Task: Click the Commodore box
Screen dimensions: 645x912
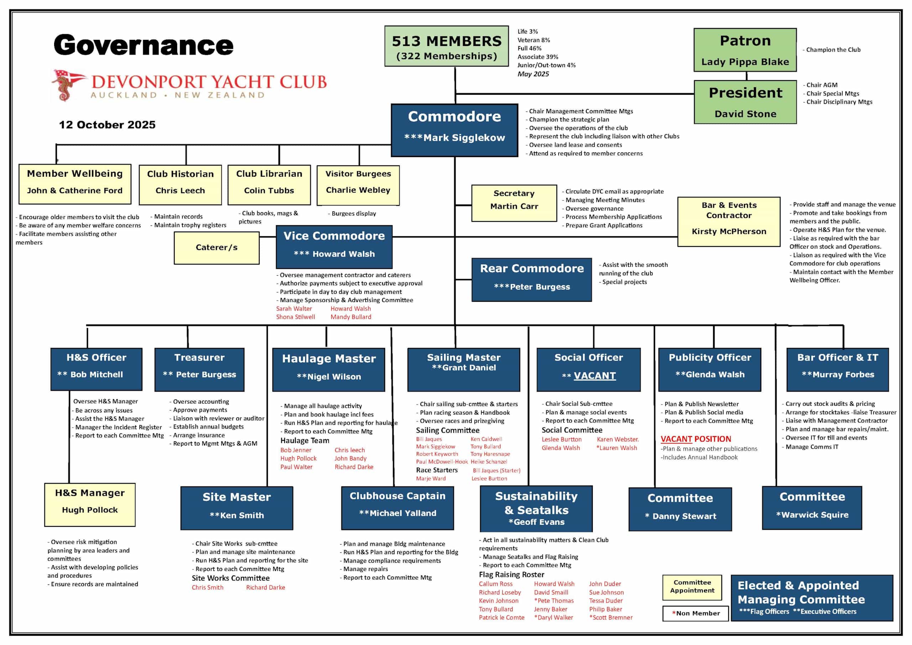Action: [x=455, y=130]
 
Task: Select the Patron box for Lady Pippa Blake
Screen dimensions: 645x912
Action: [x=745, y=50]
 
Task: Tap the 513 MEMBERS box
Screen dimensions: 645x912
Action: [x=446, y=46]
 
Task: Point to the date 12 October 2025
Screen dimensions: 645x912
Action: [x=107, y=125]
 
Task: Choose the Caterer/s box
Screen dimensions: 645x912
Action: [x=217, y=248]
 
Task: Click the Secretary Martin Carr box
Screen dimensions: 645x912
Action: [x=514, y=203]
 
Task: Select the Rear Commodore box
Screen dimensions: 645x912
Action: [x=532, y=280]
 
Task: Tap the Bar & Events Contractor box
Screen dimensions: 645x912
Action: [x=729, y=222]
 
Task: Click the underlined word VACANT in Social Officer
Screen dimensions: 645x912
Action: [x=595, y=375]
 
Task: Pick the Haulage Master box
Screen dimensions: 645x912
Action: [x=328, y=369]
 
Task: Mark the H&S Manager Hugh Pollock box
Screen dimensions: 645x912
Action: [x=90, y=504]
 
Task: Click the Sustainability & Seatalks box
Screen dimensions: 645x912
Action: [x=536, y=508]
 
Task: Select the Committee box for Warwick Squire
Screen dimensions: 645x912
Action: [x=812, y=508]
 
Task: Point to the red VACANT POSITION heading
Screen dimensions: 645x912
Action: [x=695, y=439]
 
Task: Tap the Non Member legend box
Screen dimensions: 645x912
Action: [x=695, y=613]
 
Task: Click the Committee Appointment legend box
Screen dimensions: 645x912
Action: [x=692, y=587]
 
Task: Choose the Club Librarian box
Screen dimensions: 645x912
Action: [x=269, y=185]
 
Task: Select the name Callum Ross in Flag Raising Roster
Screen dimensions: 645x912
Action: [x=495, y=584]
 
